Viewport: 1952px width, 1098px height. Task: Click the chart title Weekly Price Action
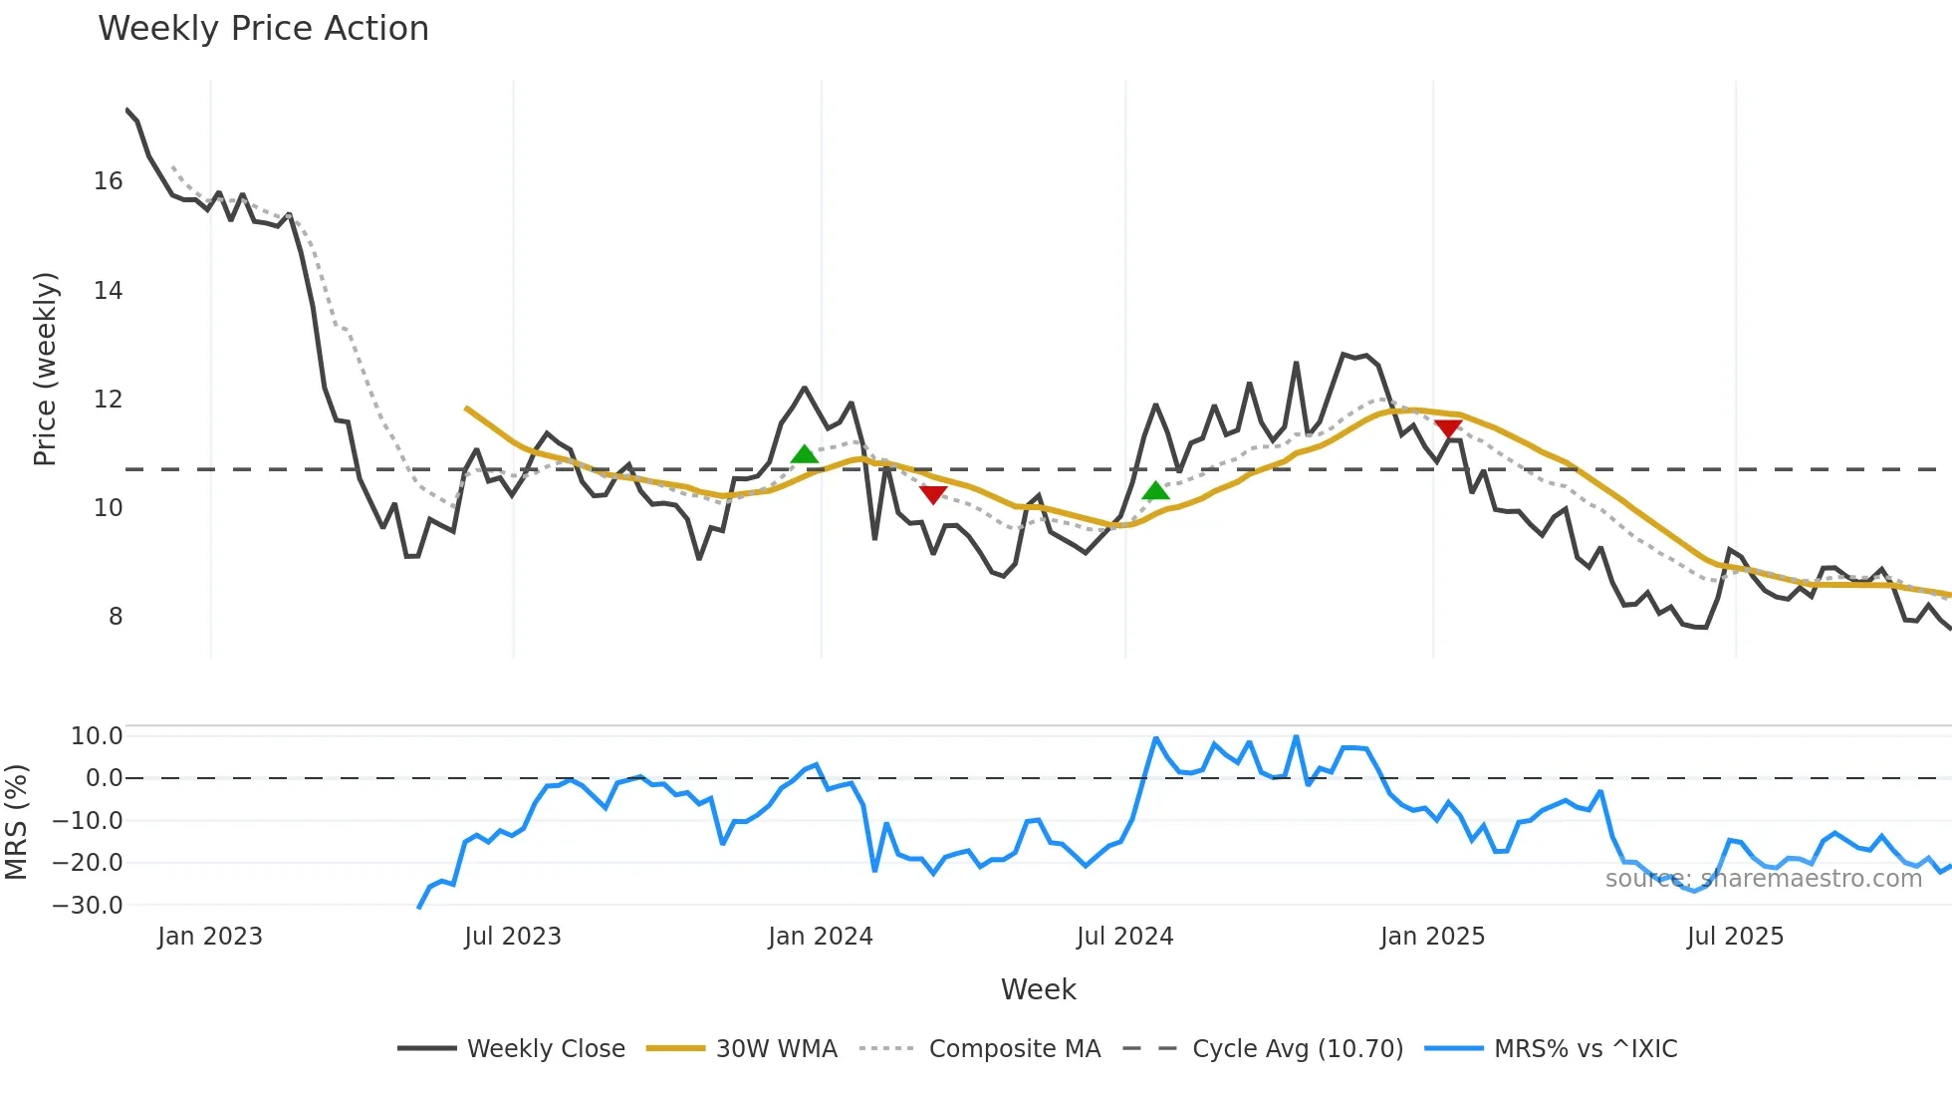click(x=263, y=29)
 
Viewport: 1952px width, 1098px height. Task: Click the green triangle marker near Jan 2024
click(x=804, y=455)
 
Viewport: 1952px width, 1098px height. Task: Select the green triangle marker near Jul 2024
click(x=1155, y=490)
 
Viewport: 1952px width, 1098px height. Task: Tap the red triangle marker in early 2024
click(x=933, y=494)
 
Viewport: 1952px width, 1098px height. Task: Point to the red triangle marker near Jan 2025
click(x=1448, y=428)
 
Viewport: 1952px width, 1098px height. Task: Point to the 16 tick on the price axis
click(x=109, y=181)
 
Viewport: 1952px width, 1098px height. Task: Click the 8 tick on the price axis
click(x=116, y=617)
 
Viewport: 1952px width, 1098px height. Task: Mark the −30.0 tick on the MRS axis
click(x=88, y=906)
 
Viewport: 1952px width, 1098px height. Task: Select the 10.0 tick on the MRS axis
click(x=97, y=736)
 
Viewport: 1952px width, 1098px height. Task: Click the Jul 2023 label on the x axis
click(x=513, y=937)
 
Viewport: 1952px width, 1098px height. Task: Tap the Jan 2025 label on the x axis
click(x=1432, y=937)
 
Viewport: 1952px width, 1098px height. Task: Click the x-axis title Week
click(x=1038, y=989)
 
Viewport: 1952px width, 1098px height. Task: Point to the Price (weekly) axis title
click(x=46, y=369)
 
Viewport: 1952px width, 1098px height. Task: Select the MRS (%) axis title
click(x=16, y=822)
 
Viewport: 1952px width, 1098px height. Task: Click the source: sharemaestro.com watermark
click(x=1763, y=879)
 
